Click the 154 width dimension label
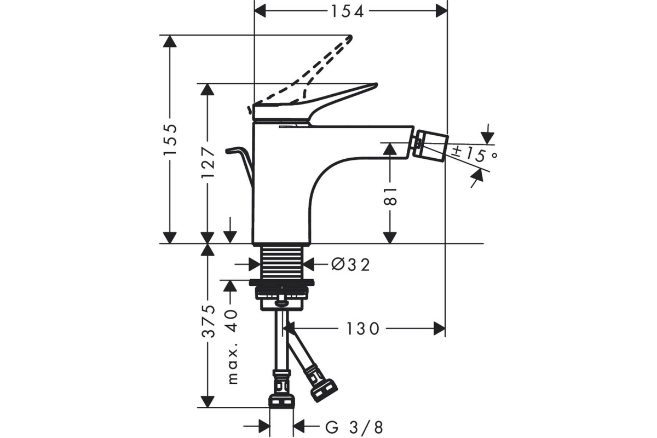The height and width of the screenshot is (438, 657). coord(348,11)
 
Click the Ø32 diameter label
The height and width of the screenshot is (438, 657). coord(350,265)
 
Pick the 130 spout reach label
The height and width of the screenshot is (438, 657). coord(363,328)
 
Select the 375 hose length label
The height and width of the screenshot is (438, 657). coord(208,321)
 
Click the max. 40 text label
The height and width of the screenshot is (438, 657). coord(232,347)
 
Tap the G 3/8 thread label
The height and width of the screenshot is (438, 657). coord(354,428)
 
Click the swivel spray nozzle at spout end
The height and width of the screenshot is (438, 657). coord(430,146)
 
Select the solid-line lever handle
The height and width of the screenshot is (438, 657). coord(314,103)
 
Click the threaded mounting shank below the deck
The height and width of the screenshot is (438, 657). coord(282,262)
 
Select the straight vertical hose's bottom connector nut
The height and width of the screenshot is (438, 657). coord(281,401)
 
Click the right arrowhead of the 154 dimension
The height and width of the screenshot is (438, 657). coord(442,11)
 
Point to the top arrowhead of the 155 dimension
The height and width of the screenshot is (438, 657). coord(170,41)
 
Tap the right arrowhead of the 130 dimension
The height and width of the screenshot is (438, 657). coord(439,328)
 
